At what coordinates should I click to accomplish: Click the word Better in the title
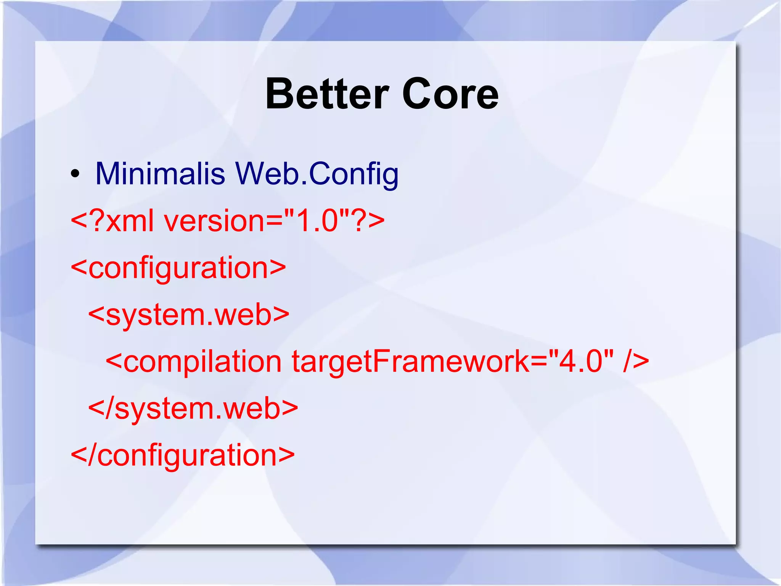pos(327,94)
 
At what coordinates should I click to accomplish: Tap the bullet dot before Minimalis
pos(75,174)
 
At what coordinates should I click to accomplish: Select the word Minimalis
pos(160,174)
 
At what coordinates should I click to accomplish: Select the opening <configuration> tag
pos(178,268)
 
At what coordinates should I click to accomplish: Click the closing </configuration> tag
pos(183,455)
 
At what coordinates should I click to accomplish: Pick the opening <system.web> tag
pos(189,315)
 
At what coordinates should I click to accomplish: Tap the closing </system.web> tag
pos(193,408)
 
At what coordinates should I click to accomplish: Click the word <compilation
pos(193,362)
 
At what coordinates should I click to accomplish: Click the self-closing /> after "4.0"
pos(636,361)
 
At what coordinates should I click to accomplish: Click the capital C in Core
pos(415,94)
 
